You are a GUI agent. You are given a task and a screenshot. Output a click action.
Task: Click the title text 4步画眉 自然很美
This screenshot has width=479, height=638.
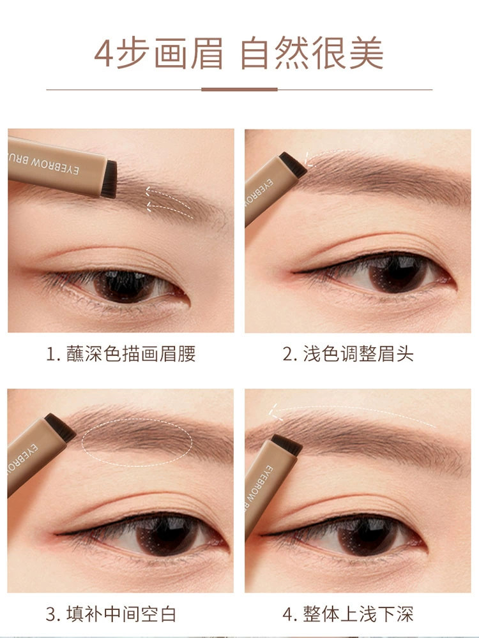coord(239,53)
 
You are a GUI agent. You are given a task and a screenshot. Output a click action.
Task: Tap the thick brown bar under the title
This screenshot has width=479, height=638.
coord(240,89)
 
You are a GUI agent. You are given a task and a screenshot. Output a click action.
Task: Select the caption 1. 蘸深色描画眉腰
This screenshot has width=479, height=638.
coord(121,353)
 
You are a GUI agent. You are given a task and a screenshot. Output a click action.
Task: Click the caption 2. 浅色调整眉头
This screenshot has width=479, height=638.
coord(348,353)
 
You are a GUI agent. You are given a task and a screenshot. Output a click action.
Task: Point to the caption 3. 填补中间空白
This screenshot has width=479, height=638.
coord(110,614)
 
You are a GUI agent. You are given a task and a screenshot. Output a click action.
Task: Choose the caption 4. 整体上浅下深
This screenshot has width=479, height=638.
coord(348,614)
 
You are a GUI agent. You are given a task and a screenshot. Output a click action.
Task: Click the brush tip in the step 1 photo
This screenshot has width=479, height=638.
coord(109,179)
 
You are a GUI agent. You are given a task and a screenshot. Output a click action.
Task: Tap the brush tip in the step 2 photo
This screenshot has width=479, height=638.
coord(293,164)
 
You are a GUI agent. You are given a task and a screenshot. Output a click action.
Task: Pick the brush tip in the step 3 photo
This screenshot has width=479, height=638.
coord(60,427)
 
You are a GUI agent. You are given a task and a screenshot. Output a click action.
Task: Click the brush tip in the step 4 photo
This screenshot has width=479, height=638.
coord(287,445)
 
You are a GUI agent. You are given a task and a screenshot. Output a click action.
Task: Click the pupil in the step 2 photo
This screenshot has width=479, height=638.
coord(395,273)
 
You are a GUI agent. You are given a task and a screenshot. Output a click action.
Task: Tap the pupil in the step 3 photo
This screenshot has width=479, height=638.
coord(162,535)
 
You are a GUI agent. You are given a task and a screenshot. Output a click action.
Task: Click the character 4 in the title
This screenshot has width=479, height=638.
coord(103,54)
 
